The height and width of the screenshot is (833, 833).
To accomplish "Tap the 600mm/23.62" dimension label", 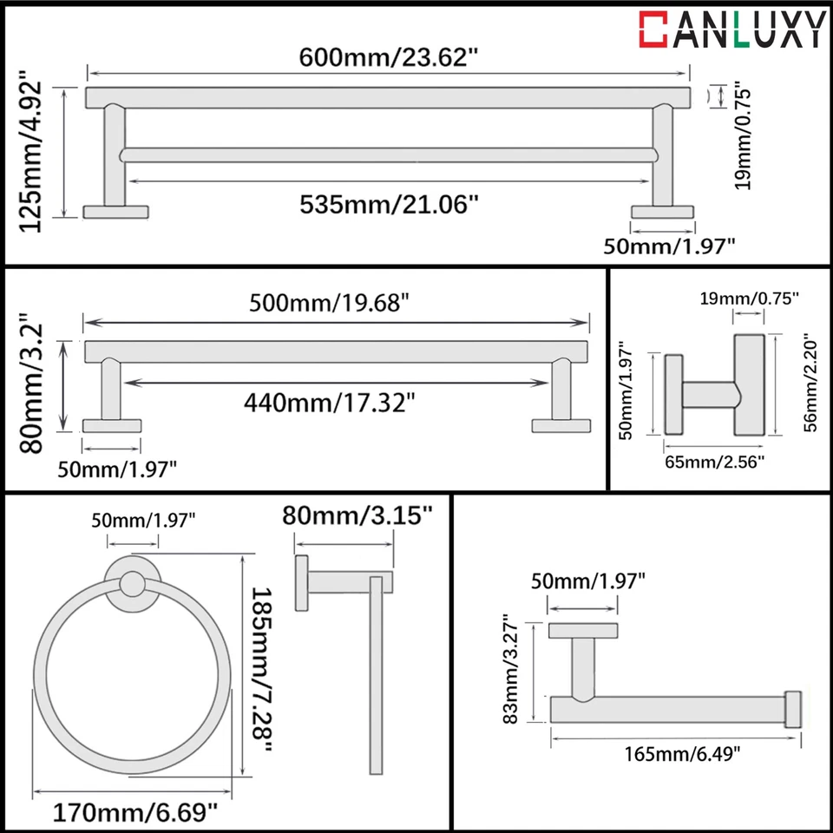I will click(x=389, y=58).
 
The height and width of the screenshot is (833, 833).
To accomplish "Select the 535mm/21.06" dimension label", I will click(x=390, y=204).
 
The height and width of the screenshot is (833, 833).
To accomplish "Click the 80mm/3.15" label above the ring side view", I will click(x=357, y=517).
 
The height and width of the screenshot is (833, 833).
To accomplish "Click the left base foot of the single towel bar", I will click(x=112, y=425).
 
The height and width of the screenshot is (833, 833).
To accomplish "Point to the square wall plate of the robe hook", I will click(x=673, y=396).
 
